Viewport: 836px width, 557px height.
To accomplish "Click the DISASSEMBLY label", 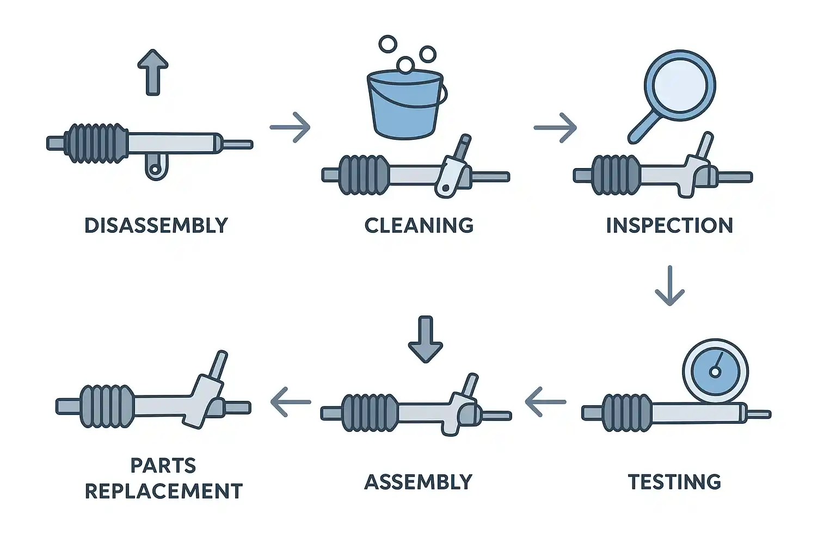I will point(156,225).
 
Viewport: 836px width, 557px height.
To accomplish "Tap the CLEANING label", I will point(419,225).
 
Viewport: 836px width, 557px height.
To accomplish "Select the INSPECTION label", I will point(669,225).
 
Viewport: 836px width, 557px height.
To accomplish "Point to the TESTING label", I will point(674,482).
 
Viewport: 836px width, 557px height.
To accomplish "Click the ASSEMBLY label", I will point(418,482).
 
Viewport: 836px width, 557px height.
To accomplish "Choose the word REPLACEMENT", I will point(163,491).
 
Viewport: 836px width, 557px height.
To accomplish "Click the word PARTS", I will point(163,466).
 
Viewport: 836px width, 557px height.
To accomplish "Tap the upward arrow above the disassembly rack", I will point(153,72).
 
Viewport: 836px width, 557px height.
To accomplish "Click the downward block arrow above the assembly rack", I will point(426,338).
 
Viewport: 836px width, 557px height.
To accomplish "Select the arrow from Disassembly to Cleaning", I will point(290,127).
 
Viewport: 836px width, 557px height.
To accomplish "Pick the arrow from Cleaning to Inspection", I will point(555,128).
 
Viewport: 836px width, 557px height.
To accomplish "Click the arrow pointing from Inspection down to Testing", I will point(669,286).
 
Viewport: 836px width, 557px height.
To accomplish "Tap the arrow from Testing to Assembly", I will point(545,402).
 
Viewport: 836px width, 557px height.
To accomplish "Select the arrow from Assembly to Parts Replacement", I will point(291,402).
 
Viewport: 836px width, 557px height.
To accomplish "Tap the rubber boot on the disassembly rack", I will point(96,144).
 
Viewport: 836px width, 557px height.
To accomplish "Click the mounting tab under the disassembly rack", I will point(156,168).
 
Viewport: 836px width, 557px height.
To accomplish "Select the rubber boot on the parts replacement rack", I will point(107,406).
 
